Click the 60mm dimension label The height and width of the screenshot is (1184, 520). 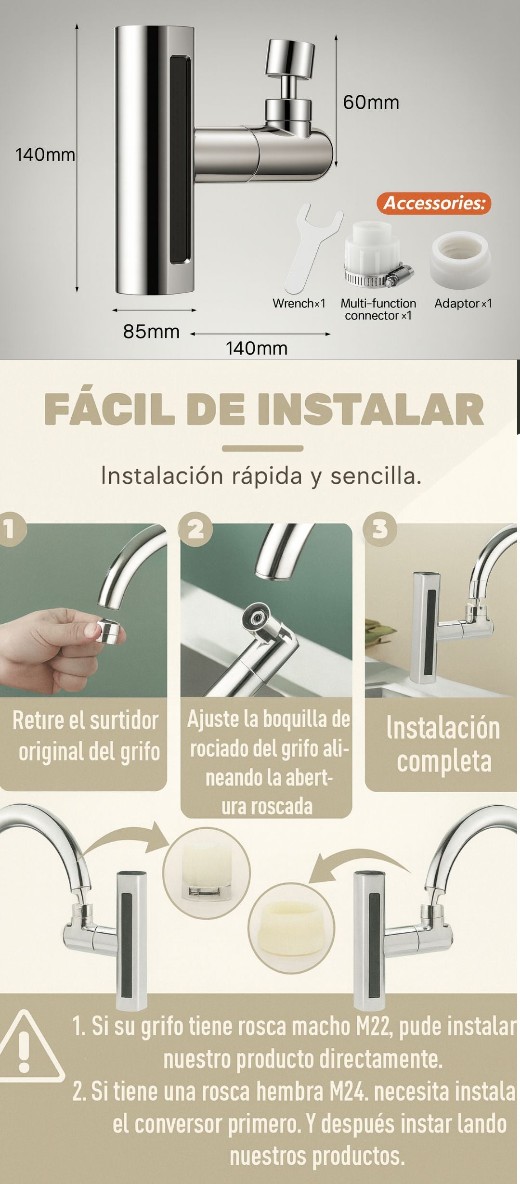[371, 102]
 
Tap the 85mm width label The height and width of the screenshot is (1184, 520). [151, 332]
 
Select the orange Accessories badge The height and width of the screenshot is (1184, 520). [434, 203]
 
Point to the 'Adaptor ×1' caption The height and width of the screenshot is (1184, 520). [463, 304]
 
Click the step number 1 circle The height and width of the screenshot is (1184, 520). [10, 529]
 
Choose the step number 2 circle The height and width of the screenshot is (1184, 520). [195, 529]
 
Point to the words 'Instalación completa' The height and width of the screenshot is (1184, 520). [443, 744]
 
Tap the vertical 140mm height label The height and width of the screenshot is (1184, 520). [45, 154]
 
